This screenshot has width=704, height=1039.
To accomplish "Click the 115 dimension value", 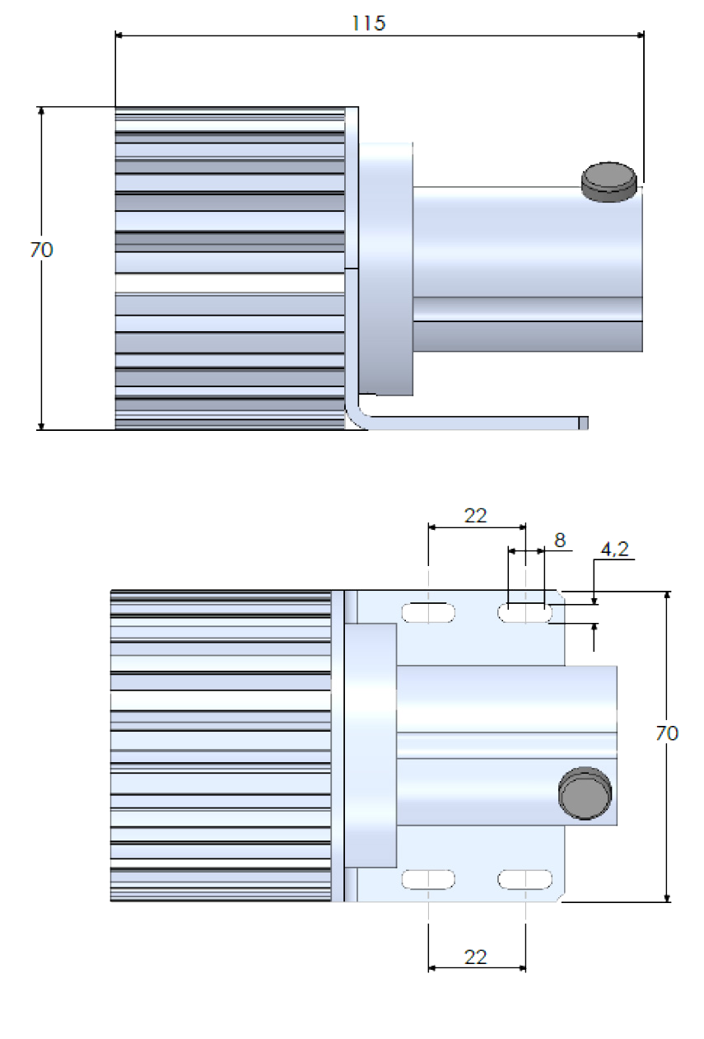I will click(368, 23).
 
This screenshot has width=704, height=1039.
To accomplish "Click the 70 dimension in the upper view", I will click(41, 249).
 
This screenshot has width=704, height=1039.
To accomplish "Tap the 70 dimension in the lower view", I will click(667, 733).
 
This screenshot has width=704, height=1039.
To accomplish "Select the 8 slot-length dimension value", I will click(560, 540).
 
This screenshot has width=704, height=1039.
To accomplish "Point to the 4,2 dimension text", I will click(614, 550).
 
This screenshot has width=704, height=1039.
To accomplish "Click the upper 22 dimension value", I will click(475, 516).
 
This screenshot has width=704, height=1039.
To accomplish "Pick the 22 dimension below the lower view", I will click(475, 957).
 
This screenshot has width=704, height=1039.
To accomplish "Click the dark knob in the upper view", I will click(609, 179).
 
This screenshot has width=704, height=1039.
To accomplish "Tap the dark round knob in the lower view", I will click(586, 793).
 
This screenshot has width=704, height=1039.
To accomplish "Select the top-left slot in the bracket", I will click(428, 612).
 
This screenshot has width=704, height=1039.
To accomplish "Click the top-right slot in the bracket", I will click(525, 612).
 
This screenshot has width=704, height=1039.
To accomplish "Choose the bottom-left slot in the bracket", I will click(428, 879).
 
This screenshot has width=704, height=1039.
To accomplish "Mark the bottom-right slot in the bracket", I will click(525, 879).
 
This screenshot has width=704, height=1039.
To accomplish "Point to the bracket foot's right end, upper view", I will click(583, 423).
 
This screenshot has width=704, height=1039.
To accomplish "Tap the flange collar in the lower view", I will click(371, 746).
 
